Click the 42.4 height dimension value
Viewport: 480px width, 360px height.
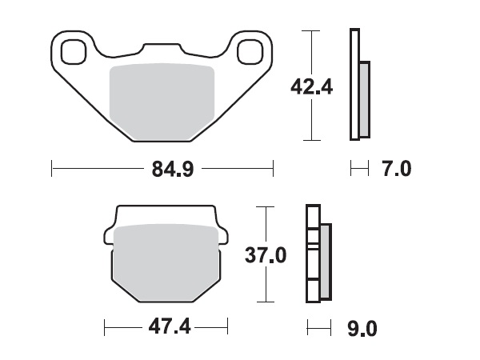click(312, 86)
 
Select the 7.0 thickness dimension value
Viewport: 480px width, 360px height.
click(397, 169)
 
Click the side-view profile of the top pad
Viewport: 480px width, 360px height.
click(358, 84)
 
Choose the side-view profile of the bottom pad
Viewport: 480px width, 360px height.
click(317, 254)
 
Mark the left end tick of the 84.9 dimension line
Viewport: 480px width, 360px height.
click(52, 169)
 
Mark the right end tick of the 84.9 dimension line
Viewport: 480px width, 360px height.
click(274, 169)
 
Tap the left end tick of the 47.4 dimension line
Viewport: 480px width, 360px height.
click(106, 328)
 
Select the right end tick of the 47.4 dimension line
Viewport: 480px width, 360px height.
click(228, 328)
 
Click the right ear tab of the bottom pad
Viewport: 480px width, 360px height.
click(223, 235)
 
